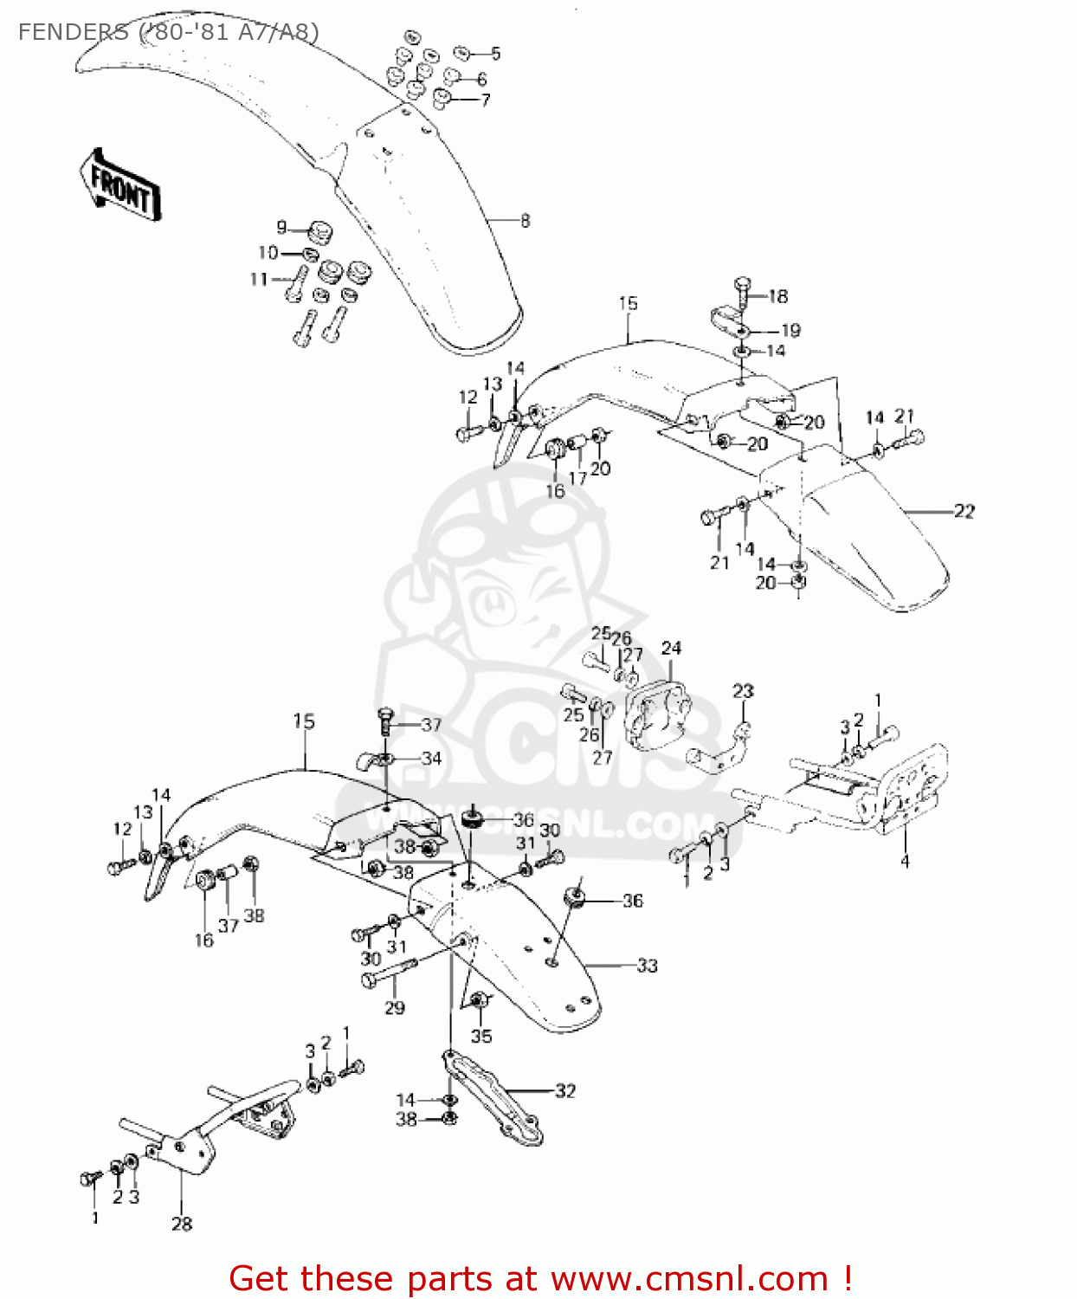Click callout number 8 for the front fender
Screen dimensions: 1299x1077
click(525, 221)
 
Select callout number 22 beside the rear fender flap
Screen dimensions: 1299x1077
click(964, 511)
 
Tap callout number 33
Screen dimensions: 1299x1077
click(647, 965)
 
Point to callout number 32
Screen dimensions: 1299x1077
click(564, 1091)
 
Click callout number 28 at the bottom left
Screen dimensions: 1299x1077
click(181, 1224)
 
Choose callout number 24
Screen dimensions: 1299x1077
click(671, 648)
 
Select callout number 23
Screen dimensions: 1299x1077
click(743, 691)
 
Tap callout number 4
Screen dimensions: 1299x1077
click(905, 861)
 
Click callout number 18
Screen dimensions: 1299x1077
click(778, 296)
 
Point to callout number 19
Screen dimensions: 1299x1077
click(790, 330)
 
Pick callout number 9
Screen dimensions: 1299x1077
click(281, 228)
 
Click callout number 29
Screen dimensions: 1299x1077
click(395, 1007)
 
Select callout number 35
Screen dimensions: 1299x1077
click(481, 1036)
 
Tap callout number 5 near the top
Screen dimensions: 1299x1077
click(495, 54)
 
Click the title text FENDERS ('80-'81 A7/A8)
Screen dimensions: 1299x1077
click(169, 33)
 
